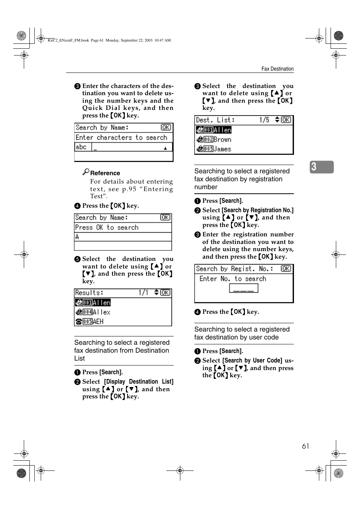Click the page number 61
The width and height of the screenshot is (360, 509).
(305, 446)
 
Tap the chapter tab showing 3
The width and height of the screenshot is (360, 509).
(322, 167)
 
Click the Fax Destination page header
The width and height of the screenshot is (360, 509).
(277, 69)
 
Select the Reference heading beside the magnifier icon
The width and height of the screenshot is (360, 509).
(105, 173)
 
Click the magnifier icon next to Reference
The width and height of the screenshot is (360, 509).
(86, 172)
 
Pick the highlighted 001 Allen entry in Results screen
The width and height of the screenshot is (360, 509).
(93, 302)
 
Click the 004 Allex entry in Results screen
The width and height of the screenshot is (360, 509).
(93, 312)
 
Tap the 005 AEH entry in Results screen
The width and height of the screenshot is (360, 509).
(89, 321)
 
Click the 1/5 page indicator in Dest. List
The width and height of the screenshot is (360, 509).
(264, 120)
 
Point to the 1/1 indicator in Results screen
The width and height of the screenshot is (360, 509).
(143, 293)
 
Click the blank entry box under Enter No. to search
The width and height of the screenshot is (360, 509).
(243, 288)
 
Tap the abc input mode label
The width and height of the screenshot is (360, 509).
(82, 147)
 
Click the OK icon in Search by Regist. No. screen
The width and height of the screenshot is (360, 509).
(286, 268)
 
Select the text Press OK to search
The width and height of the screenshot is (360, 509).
(107, 227)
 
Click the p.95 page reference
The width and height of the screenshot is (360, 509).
(129, 189)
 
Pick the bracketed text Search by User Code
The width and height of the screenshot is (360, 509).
(252, 360)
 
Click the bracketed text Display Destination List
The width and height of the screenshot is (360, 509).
(138, 381)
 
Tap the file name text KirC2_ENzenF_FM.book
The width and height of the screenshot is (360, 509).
(68, 40)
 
